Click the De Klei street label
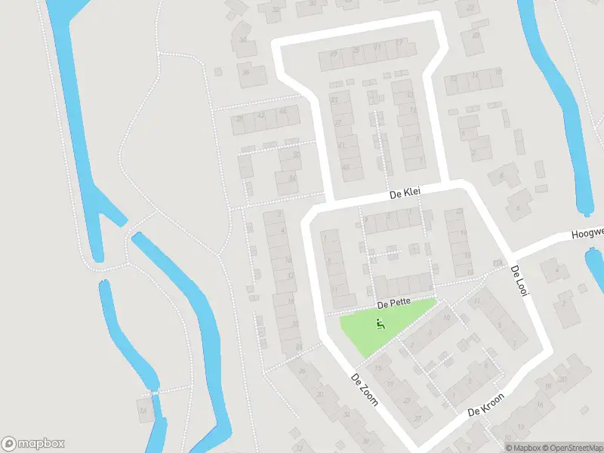[x=404, y=194]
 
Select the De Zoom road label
[x=364, y=388]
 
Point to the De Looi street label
[x=517, y=280]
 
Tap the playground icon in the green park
[x=381, y=325]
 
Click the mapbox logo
[x=32, y=444]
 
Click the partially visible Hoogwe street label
[x=587, y=233]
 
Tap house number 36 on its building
[x=247, y=72]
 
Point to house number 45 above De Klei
[x=346, y=167]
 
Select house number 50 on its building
[x=296, y=155]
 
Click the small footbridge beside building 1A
[x=156, y=393]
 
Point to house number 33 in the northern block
[x=334, y=100]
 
